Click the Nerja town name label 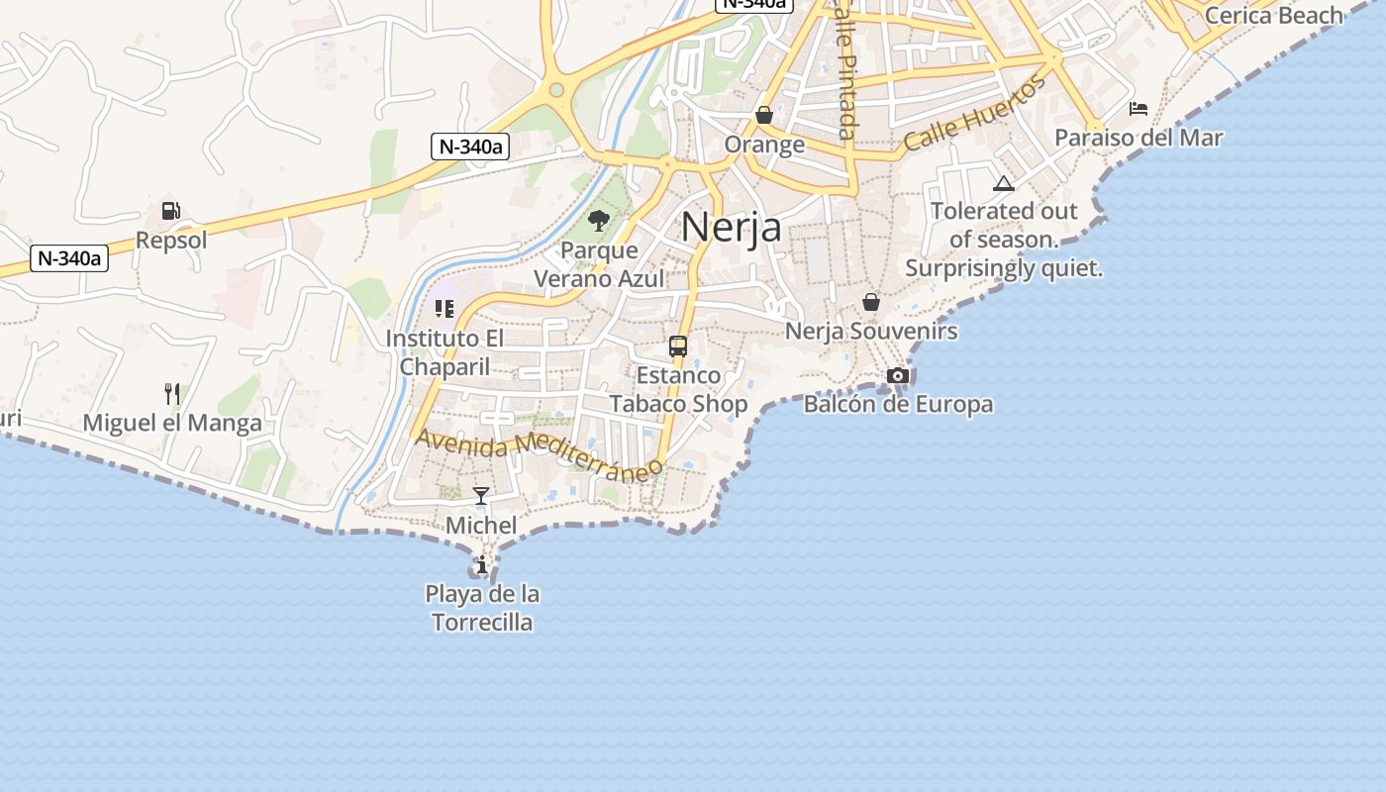pos(731,227)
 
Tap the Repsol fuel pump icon pos(171,211)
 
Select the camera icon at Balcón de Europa pos(898,375)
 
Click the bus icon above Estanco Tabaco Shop pos(678,346)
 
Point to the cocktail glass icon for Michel pos(481,496)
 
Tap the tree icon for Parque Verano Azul pos(598,220)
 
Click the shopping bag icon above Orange pos(764,115)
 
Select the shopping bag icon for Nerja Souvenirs pos(871,302)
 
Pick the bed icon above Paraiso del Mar pos(1138,108)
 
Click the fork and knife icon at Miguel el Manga pos(172,394)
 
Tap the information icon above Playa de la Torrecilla pos(482,565)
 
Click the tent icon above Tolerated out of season pos(1004,183)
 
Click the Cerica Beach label pos(1273,15)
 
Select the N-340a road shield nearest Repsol pos(68,258)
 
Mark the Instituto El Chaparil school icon pos(445,309)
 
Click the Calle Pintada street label pos(844,69)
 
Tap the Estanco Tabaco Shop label pos(678,389)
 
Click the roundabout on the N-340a pos(556,91)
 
